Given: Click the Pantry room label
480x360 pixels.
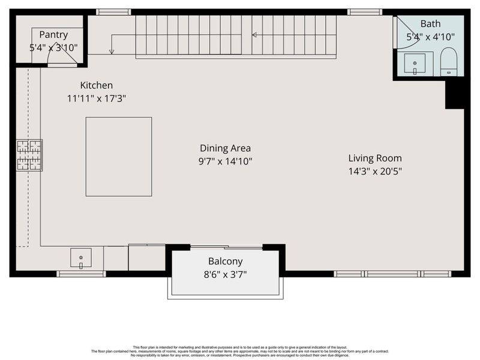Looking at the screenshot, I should [x=54, y=35].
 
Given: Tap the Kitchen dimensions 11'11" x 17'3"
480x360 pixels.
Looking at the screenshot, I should [x=96, y=98].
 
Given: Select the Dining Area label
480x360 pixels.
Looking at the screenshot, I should [x=225, y=148].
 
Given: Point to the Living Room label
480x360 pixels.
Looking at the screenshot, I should [x=375, y=158].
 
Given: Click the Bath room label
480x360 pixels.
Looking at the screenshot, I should [x=430, y=24].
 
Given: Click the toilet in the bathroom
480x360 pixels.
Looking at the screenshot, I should [x=449, y=62].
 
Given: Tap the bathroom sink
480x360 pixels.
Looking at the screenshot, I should [x=415, y=63].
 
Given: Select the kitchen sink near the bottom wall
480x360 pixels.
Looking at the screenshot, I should [x=81, y=258].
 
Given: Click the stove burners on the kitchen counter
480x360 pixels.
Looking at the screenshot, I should [x=29, y=155].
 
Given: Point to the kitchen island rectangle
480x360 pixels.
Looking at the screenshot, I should [x=118, y=157].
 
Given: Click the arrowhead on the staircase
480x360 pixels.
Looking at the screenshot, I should [x=254, y=35].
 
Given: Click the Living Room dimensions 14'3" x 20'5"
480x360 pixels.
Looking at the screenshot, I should [x=375, y=172].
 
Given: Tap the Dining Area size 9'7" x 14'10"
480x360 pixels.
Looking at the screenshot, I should [x=225, y=161].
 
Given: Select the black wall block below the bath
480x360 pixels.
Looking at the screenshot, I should [x=455, y=94].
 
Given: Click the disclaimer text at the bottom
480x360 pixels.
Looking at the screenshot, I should [x=240, y=351].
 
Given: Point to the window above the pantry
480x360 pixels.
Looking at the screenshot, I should [x=113, y=11].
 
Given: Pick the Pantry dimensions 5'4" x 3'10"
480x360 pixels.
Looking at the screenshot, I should [x=54, y=47].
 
